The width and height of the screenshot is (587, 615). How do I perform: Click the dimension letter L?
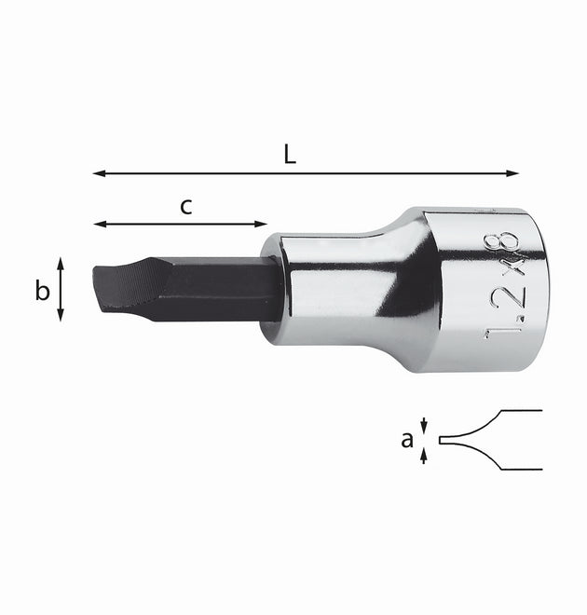pyautogui.click(x=290, y=154)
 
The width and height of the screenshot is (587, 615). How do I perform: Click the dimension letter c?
pyautogui.click(x=186, y=207)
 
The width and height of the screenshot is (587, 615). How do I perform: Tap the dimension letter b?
pyautogui.click(x=42, y=291)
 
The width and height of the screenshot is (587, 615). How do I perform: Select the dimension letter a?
pyautogui.click(x=407, y=440)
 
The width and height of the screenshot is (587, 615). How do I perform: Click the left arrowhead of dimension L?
pyautogui.click(x=99, y=173)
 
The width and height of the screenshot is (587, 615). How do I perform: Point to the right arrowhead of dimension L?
pyautogui.click(x=512, y=173)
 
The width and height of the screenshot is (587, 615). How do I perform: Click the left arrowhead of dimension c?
pyautogui.click(x=100, y=224)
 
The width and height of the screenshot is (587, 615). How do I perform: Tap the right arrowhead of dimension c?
pyautogui.click(x=261, y=224)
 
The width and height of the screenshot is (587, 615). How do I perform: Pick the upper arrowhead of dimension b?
pyautogui.click(x=61, y=263)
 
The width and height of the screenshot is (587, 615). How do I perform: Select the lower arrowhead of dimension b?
pyautogui.click(x=61, y=315)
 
